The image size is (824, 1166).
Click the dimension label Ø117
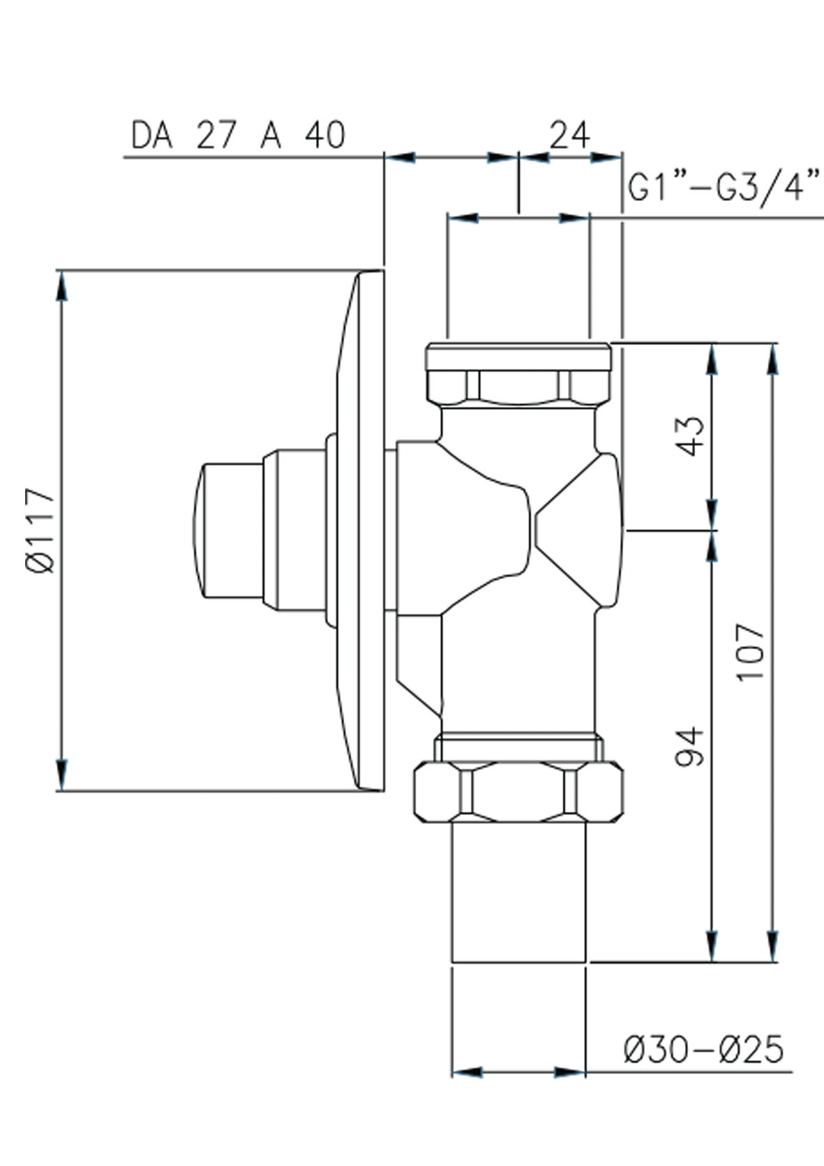[40, 530]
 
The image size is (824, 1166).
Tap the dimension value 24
[569, 135]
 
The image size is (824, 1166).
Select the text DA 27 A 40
[238, 135]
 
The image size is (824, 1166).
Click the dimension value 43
[692, 435]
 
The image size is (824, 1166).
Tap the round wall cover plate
[360, 530]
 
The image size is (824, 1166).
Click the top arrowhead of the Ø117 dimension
[62, 286]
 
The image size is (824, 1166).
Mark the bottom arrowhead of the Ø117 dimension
[62, 775]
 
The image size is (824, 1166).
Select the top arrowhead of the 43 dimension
[712, 359]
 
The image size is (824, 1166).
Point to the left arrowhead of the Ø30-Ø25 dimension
[467, 1072]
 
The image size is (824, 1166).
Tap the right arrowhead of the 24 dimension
[606, 157]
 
